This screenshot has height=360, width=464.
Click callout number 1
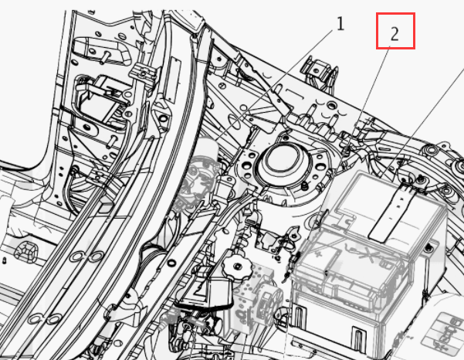pyautogui.click(x=340, y=24)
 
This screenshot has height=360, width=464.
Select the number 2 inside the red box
pyautogui.click(x=395, y=34)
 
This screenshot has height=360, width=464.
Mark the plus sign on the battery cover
pyautogui.click(x=319, y=254)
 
